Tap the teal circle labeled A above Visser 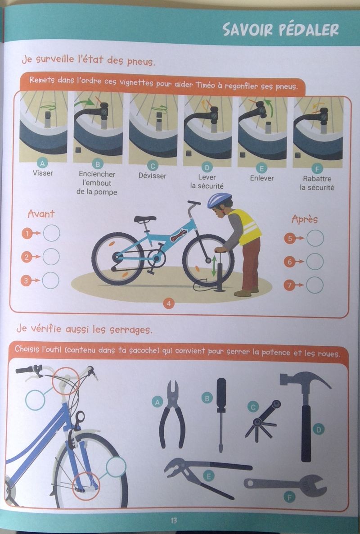(43, 163)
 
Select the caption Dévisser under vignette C (152, 176)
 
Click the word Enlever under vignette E (261, 178)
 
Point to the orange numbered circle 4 (169, 303)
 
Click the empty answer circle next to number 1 (52, 233)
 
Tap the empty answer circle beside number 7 (315, 285)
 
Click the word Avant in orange (41, 214)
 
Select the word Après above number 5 (305, 219)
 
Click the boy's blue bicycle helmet (220, 199)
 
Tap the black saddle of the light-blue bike (145, 219)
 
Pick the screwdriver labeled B (221, 415)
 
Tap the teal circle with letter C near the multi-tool (253, 407)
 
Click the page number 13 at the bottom (174, 520)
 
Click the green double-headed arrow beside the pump (214, 266)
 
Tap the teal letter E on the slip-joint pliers (209, 476)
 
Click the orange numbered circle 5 (290, 238)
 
